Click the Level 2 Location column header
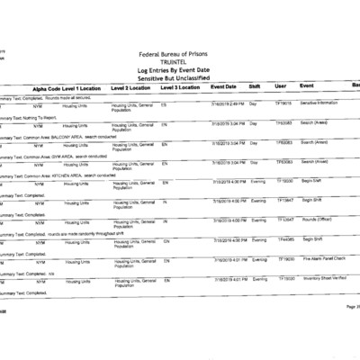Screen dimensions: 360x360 pos(131,89)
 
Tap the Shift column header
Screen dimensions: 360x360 pos(255,88)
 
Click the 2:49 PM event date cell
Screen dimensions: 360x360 pos(228,104)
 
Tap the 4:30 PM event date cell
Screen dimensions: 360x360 pos(228,182)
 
